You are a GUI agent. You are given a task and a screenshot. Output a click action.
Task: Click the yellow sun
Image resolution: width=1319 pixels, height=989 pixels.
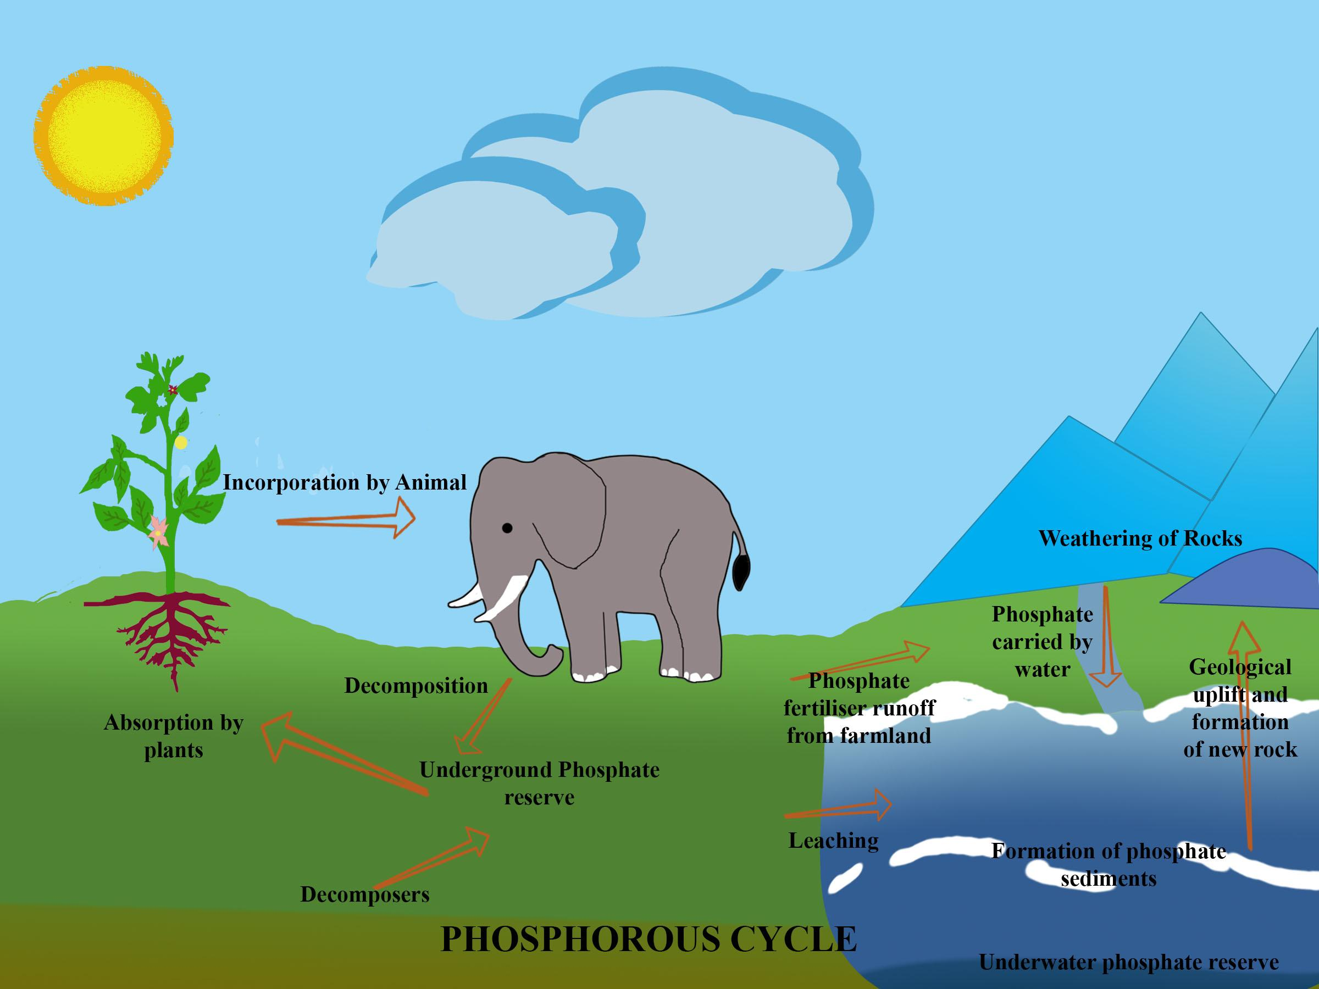click(x=103, y=136)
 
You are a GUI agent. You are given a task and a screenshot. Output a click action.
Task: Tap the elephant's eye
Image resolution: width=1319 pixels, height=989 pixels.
click(x=507, y=527)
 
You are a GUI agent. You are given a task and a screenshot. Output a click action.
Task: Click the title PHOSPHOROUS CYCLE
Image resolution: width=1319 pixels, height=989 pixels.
click(x=649, y=940)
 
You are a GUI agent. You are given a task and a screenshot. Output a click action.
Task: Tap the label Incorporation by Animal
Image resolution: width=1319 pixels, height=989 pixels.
click(x=345, y=482)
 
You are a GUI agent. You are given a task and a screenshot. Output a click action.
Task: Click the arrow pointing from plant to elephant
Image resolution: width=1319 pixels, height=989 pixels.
click(x=346, y=519)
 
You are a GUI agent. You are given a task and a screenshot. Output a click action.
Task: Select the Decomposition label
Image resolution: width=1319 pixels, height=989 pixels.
click(x=416, y=686)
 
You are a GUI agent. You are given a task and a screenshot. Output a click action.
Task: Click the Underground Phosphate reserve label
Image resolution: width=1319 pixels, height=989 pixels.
click(x=539, y=784)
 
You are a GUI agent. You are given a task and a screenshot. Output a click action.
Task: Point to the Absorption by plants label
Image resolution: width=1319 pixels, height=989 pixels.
click(x=174, y=736)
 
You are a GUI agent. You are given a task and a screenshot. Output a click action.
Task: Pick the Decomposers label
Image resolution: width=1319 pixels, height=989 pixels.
click(x=365, y=894)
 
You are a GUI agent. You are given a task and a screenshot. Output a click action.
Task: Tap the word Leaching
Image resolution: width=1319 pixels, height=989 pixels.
click(x=834, y=841)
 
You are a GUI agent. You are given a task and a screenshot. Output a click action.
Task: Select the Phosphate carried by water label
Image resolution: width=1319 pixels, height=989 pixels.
click(x=1043, y=641)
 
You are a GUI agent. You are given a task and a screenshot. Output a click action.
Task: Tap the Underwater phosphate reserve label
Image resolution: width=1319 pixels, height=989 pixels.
click(x=1129, y=962)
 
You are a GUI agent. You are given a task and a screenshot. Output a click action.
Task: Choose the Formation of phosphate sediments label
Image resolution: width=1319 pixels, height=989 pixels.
click(x=1109, y=864)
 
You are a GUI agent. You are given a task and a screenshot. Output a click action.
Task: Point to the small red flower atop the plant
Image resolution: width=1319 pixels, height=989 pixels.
click(x=173, y=390)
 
